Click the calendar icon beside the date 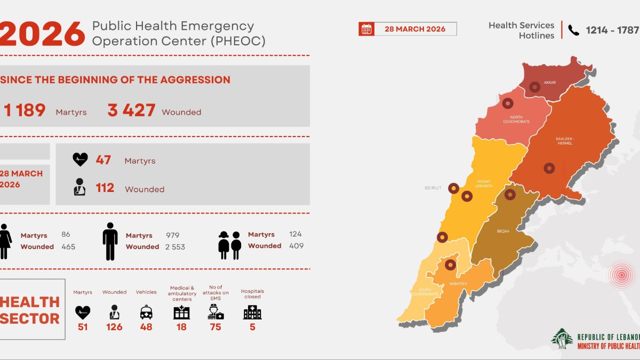click(366, 29)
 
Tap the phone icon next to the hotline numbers click(573, 30)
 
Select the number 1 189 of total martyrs click(25, 110)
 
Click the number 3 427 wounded click(131, 110)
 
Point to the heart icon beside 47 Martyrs click(80, 159)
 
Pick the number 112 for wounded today click(105, 188)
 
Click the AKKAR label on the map click(550, 83)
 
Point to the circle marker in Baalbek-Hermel click(549, 168)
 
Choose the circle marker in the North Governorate click(508, 103)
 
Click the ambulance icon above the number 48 click(146, 312)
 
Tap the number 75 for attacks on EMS click(215, 327)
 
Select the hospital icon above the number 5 click(252, 312)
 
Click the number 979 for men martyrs click(172, 235)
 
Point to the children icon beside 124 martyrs click(229, 245)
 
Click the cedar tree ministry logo click(562, 338)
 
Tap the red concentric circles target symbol click(621, 275)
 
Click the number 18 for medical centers click(181, 327)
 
